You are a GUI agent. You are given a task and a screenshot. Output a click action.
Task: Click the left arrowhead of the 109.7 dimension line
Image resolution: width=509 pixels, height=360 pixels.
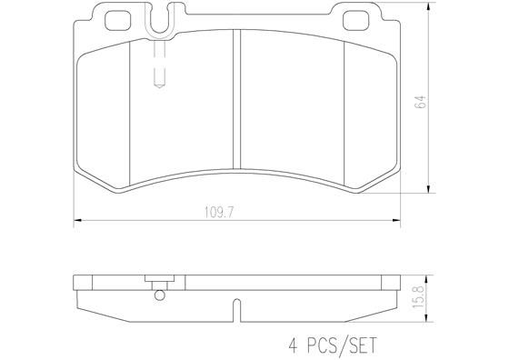(x=76, y=220)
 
